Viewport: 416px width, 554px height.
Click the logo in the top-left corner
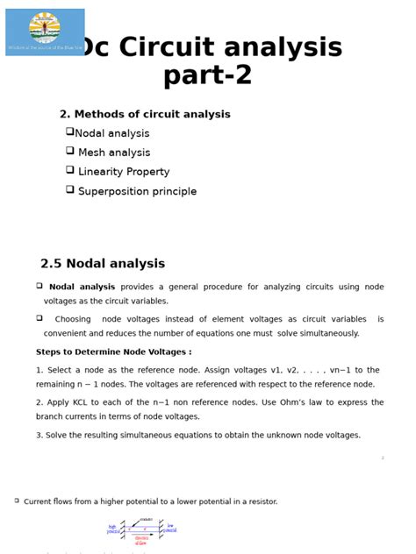pos(45,32)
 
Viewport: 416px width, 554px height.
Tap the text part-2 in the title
pos(207,75)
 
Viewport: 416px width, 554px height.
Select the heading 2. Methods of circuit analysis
pos(145,114)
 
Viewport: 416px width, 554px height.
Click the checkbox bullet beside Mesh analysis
pos(69,151)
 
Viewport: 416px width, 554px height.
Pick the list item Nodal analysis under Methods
pos(112,133)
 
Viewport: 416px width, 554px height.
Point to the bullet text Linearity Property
pos(124,172)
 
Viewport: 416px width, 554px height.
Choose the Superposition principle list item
pos(137,191)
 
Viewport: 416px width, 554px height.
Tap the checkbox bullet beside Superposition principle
pos(69,189)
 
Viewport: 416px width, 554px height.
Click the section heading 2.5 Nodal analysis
pos(103,263)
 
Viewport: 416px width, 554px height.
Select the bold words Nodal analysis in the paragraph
pos(82,287)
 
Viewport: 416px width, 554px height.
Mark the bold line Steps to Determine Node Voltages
pos(113,352)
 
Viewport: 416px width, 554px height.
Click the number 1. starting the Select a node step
pos(39,370)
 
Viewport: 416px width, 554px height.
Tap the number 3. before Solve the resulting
pos(39,435)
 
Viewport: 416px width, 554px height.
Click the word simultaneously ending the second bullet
pos(328,333)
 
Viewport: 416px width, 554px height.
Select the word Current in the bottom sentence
pos(38,501)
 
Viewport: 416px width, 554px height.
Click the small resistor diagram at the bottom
pos(141,531)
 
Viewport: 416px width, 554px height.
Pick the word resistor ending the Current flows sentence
pos(261,501)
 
